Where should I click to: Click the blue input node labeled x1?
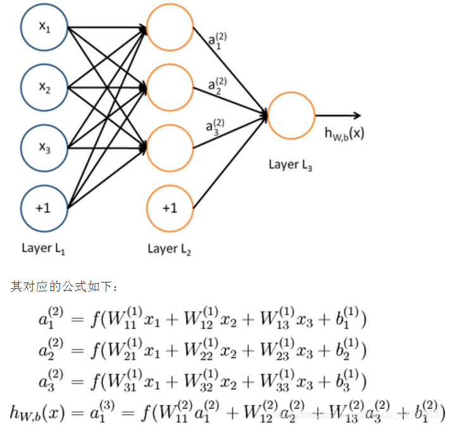tap(44, 28)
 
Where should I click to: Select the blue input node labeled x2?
tap(44, 88)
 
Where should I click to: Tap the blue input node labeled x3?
tap(44, 147)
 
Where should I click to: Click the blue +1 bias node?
tap(44, 207)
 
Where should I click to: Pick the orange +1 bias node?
tap(170, 207)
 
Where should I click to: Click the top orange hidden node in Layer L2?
tap(170, 28)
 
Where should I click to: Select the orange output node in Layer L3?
tap(291, 116)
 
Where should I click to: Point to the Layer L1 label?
tap(44, 248)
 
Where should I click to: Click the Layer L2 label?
tap(169, 248)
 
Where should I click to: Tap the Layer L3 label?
tap(291, 165)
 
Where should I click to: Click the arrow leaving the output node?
tap(339, 116)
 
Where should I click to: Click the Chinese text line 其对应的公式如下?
tap(64, 287)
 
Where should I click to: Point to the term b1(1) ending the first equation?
tap(345, 319)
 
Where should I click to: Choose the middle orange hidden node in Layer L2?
tap(170, 88)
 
